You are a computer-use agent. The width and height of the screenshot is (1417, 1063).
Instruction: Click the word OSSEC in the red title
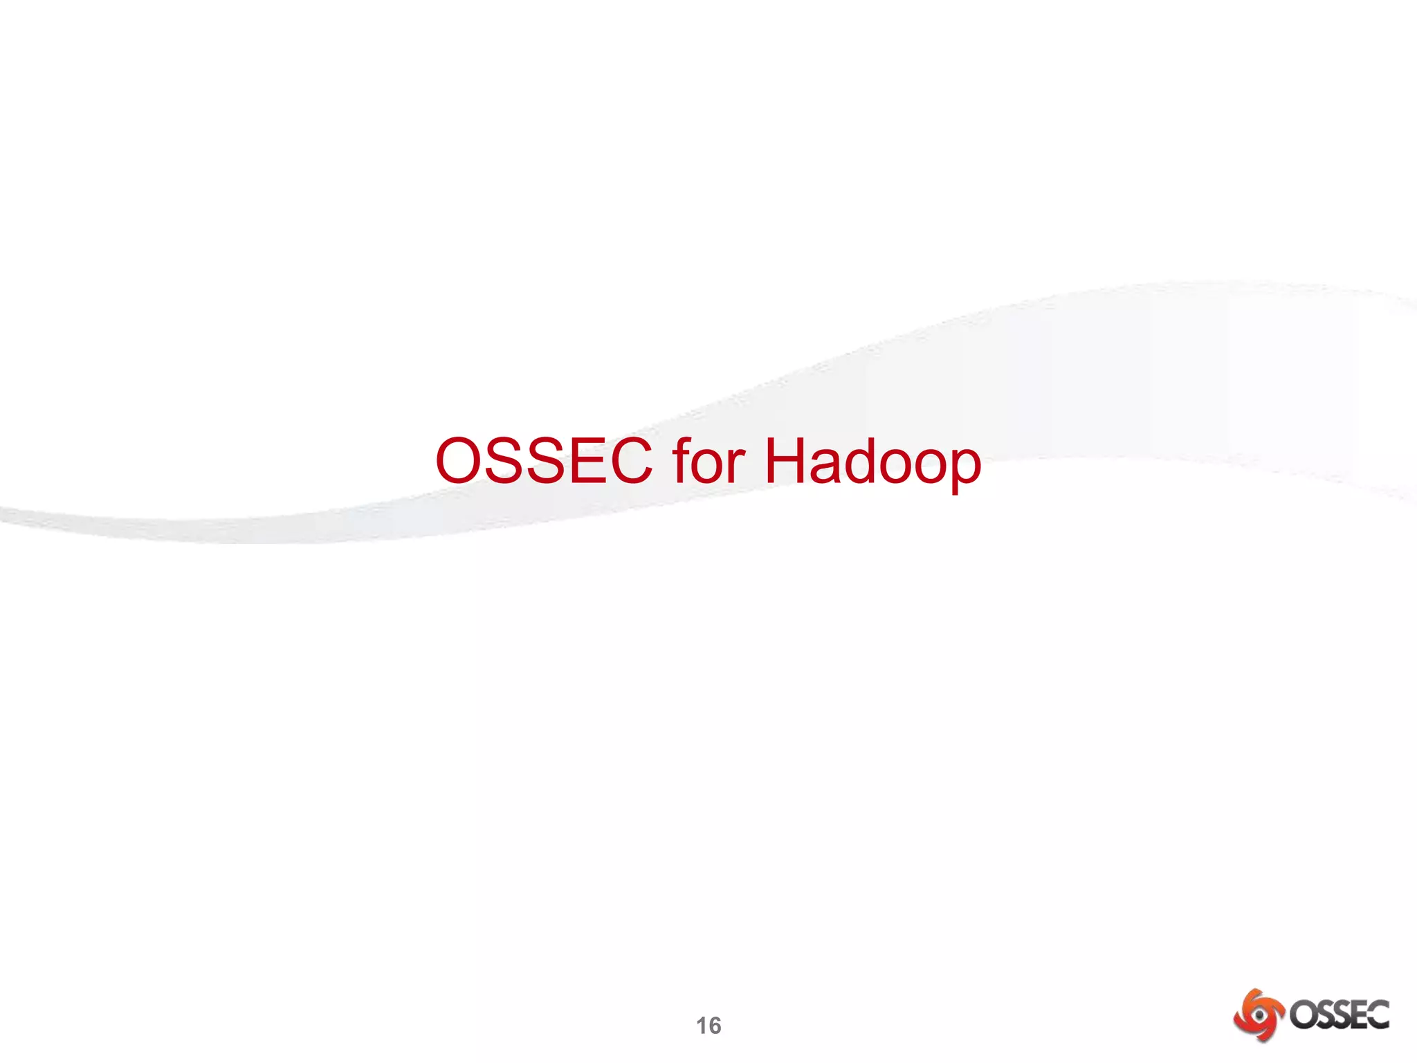(544, 461)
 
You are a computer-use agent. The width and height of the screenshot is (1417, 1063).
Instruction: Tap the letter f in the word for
(682, 460)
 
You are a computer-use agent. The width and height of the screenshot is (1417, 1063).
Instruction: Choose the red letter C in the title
(628, 461)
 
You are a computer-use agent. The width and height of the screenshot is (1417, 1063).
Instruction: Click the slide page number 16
(708, 1026)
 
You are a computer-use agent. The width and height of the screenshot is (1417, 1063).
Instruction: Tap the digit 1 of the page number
(702, 1026)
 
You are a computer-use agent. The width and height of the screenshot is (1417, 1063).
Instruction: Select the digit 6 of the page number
(715, 1026)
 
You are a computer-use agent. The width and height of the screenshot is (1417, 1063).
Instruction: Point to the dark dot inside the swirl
(1260, 1015)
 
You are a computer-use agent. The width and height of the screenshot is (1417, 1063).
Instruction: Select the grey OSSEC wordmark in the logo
(1339, 1015)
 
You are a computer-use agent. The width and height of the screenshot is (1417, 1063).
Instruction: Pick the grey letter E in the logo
(1358, 1015)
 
